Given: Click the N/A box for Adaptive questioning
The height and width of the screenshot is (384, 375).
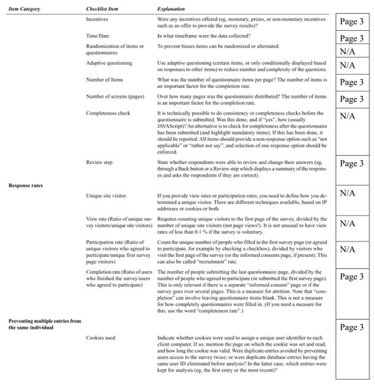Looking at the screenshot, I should (354, 65).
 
